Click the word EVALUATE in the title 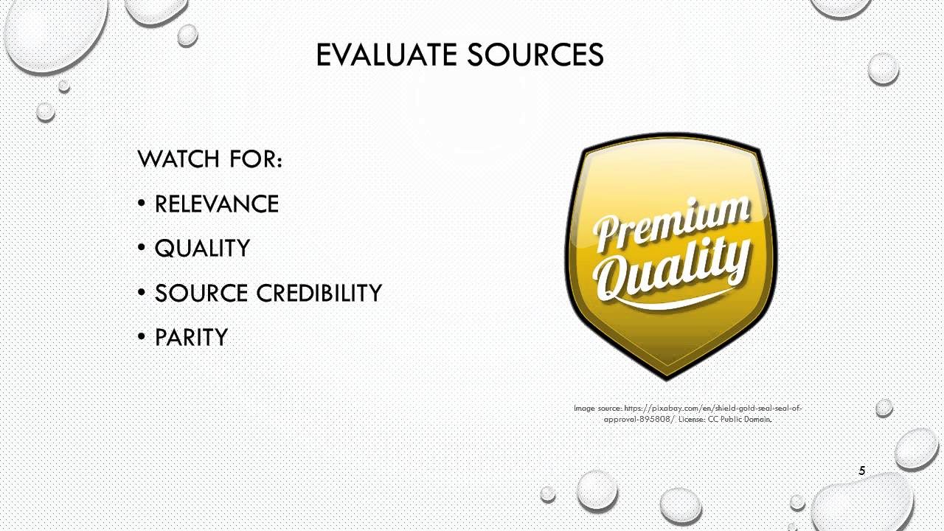coord(386,55)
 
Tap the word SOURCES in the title coord(535,55)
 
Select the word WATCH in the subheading coord(178,159)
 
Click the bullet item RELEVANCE coord(217,204)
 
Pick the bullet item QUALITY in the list coord(202,249)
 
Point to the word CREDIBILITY coord(319,293)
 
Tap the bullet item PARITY coord(191,337)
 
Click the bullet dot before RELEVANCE coord(142,204)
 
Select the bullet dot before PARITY coord(142,337)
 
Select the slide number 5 coord(862,471)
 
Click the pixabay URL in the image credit coord(703,414)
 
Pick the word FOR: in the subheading coord(256,159)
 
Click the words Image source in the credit coord(597,409)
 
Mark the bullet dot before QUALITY coord(142,248)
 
